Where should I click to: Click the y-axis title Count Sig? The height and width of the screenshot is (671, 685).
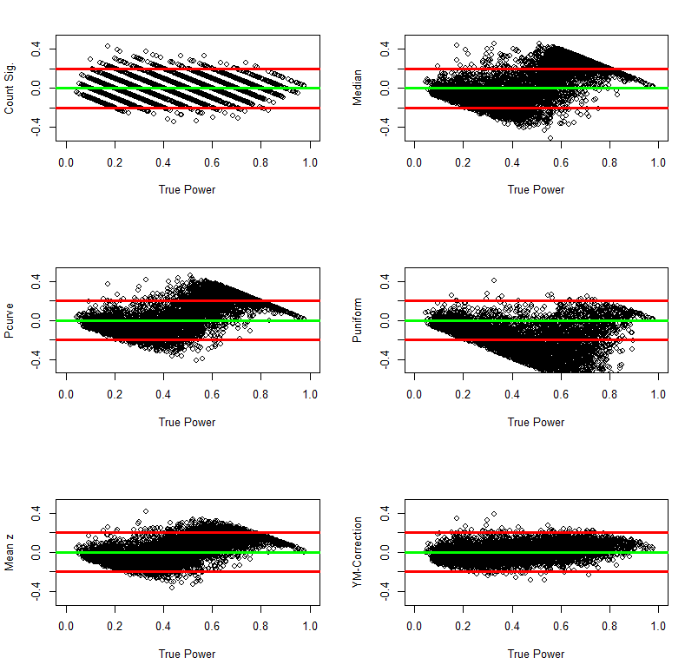point(10,89)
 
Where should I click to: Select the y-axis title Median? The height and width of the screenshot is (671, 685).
point(358,89)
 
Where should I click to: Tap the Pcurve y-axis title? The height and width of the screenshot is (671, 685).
point(10,321)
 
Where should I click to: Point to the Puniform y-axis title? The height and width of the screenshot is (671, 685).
point(358,321)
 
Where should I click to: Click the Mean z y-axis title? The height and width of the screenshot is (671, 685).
point(10,553)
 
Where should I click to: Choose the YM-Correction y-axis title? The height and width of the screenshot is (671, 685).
point(358,553)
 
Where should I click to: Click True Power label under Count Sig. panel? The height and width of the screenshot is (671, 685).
point(187,190)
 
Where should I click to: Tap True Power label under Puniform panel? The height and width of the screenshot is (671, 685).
point(536,423)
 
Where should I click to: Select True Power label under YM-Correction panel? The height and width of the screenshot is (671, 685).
point(536,655)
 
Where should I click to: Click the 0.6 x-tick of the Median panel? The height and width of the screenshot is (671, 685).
point(561,162)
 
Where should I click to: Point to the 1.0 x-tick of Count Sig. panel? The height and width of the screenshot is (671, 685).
point(310,162)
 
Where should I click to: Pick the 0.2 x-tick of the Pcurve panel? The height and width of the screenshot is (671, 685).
point(115,395)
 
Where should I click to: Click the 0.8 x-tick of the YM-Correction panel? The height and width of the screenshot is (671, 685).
point(609,627)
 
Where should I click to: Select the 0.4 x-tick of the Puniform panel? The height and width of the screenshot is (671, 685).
point(512,395)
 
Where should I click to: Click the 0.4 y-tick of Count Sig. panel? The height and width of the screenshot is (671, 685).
point(37,49)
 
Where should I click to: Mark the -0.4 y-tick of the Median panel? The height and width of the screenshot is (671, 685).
point(385,128)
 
